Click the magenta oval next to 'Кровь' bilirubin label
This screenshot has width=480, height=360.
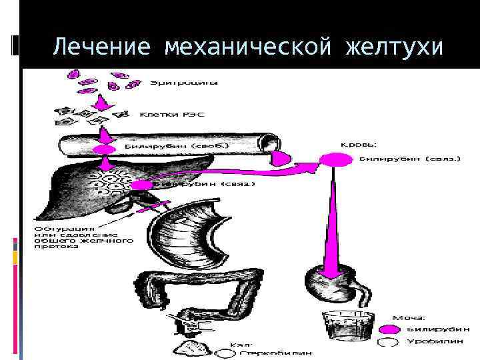[335, 159]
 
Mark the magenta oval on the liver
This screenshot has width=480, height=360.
[141, 185]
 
